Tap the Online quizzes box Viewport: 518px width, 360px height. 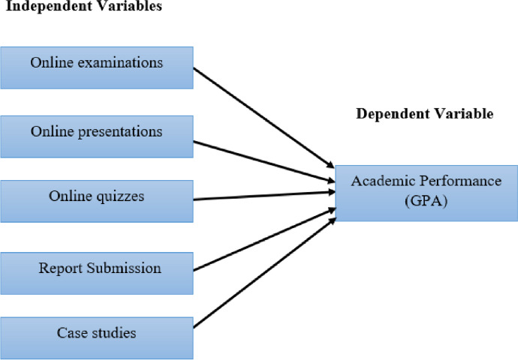click(x=96, y=200)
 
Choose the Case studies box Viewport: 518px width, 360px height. click(x=96, y=337)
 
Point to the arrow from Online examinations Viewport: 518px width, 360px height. click(x=263, y=118)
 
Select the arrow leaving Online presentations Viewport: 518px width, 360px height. click(x=263, y=160)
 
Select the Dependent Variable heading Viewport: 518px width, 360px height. click(x=424, y=115)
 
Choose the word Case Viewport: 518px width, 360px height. click(x=69, y=332)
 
